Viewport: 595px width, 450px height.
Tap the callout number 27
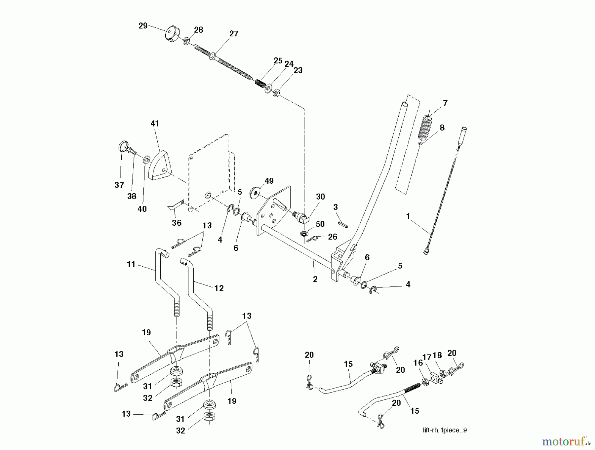[234, 34]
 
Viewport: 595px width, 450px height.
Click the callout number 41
[155, 124]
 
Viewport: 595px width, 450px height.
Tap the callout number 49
[269, 181]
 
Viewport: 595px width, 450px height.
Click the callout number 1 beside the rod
[408, 216]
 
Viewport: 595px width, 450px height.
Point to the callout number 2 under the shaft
[315, 279]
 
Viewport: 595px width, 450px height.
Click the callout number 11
[131, 264]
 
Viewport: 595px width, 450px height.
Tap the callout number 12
[219, 288]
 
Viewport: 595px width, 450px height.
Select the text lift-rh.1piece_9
[445, 430]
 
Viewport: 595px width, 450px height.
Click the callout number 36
[177, 223]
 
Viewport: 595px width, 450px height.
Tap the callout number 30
[320, 197]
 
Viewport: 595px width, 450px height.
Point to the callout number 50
[320, 224]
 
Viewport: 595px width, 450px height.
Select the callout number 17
[427, 357]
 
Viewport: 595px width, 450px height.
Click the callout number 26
[333, 237]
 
